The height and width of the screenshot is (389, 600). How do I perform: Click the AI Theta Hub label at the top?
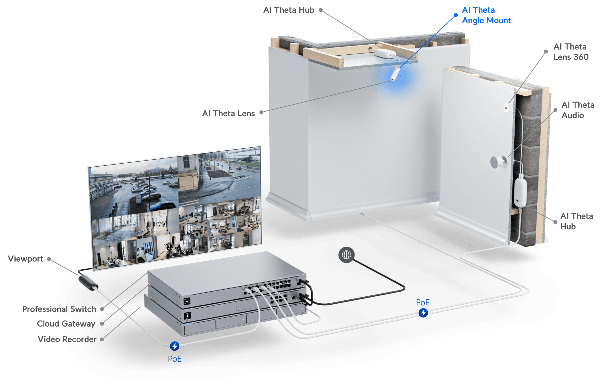288,10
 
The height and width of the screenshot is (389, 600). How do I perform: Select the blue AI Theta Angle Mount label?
486,15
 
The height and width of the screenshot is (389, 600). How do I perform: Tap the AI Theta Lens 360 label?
571,52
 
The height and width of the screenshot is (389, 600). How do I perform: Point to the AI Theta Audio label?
577,110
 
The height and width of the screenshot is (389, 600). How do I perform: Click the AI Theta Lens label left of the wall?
228,113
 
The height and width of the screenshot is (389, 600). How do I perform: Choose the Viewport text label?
25,259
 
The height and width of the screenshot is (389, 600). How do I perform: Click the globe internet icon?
347,255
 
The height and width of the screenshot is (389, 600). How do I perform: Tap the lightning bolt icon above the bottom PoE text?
175,346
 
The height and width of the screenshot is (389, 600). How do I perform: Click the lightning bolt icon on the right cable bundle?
423,313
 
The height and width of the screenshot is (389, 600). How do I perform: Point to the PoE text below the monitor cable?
175,359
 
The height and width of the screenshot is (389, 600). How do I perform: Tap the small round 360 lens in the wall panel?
506,107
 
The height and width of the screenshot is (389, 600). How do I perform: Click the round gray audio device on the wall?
498,162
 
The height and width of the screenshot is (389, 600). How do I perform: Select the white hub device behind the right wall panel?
520,193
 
